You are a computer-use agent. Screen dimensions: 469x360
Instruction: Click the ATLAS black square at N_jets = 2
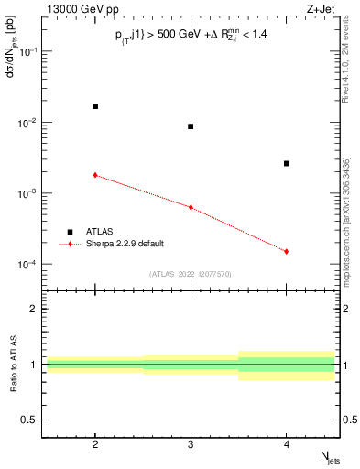point(95,106)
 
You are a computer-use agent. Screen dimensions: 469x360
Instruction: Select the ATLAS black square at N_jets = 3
point(191,126)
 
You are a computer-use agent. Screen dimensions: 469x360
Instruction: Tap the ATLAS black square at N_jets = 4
point(287,163)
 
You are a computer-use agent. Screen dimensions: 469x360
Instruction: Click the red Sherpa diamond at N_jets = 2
point(95,174)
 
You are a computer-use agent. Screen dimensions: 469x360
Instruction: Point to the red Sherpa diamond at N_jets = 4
point(287,251)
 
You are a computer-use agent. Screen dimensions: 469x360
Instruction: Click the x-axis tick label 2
point(95,443)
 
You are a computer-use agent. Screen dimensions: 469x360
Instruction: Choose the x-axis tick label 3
point(191,443)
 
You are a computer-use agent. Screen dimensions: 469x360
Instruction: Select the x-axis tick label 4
point(287,443)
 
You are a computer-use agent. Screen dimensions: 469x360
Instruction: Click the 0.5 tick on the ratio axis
point(30,420)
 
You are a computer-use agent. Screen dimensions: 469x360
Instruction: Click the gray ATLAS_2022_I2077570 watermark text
point(190,273)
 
